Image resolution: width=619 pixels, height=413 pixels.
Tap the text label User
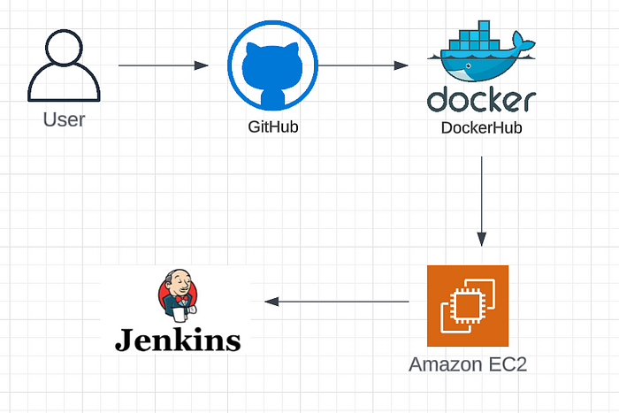coord(64,119)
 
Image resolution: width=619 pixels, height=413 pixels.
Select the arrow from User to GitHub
coord(163,65)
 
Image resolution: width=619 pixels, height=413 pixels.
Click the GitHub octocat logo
coord(272,66)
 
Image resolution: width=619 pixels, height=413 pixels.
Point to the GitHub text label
coord(272,127)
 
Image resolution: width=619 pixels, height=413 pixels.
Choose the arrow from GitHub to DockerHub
coord(363,65)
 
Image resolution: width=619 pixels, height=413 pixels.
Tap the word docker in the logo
coord(481,99)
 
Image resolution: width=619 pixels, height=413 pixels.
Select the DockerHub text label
coord(481,128)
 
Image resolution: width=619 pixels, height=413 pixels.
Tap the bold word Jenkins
coord(178,340)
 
